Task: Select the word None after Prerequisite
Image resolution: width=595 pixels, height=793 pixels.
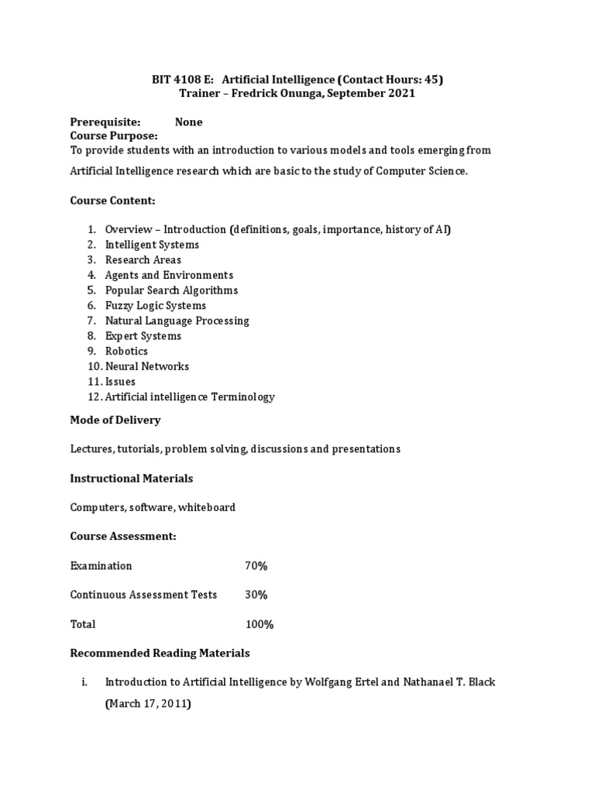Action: coord(188,122)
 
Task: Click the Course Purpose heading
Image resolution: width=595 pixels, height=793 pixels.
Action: coord(114,136)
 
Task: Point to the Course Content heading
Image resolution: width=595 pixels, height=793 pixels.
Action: coord(113,201)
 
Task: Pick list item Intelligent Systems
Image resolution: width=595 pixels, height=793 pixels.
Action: coord(152,245)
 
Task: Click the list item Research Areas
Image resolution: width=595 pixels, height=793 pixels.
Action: coord(143,259)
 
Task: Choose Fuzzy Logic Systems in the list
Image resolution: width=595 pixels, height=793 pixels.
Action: coord(156,305)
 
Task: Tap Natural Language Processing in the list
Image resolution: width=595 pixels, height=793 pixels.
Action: coord(177,321)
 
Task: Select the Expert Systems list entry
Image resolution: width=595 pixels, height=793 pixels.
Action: coord(143,336)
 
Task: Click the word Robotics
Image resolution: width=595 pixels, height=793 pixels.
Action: coord(126,351)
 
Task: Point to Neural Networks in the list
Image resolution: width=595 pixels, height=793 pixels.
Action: coord(147,366)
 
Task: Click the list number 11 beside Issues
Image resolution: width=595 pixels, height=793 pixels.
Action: coord(94,382)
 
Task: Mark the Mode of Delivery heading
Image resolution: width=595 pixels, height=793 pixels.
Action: coord(115,420)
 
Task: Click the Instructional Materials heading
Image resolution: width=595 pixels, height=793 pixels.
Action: coord(132,478)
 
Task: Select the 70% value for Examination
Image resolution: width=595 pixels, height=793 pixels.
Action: coord(256,566)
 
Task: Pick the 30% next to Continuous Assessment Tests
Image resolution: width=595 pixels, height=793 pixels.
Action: coord(256,595)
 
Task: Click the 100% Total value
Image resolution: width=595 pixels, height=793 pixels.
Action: coord(259,624)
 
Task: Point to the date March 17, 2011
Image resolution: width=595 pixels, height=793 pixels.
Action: coord(148,705)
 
